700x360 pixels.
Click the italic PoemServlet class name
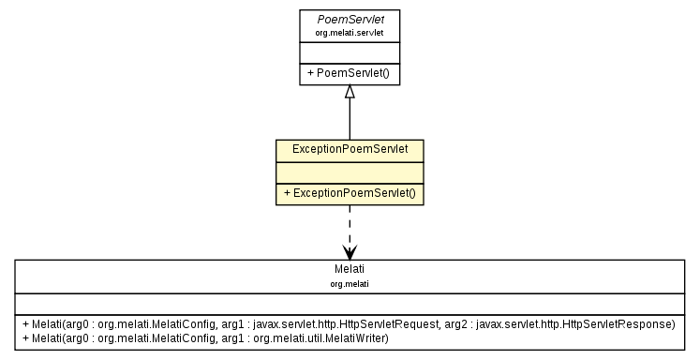(349, 19)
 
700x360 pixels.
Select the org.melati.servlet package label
(349, 32)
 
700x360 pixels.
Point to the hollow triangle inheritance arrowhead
(349, 92)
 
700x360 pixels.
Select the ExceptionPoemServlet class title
(349, 149)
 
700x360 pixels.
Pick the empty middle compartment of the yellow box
(349, 172)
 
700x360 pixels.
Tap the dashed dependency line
(349, 225)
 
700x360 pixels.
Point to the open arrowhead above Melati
(349, 251)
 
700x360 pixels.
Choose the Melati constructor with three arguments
(348, 323)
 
